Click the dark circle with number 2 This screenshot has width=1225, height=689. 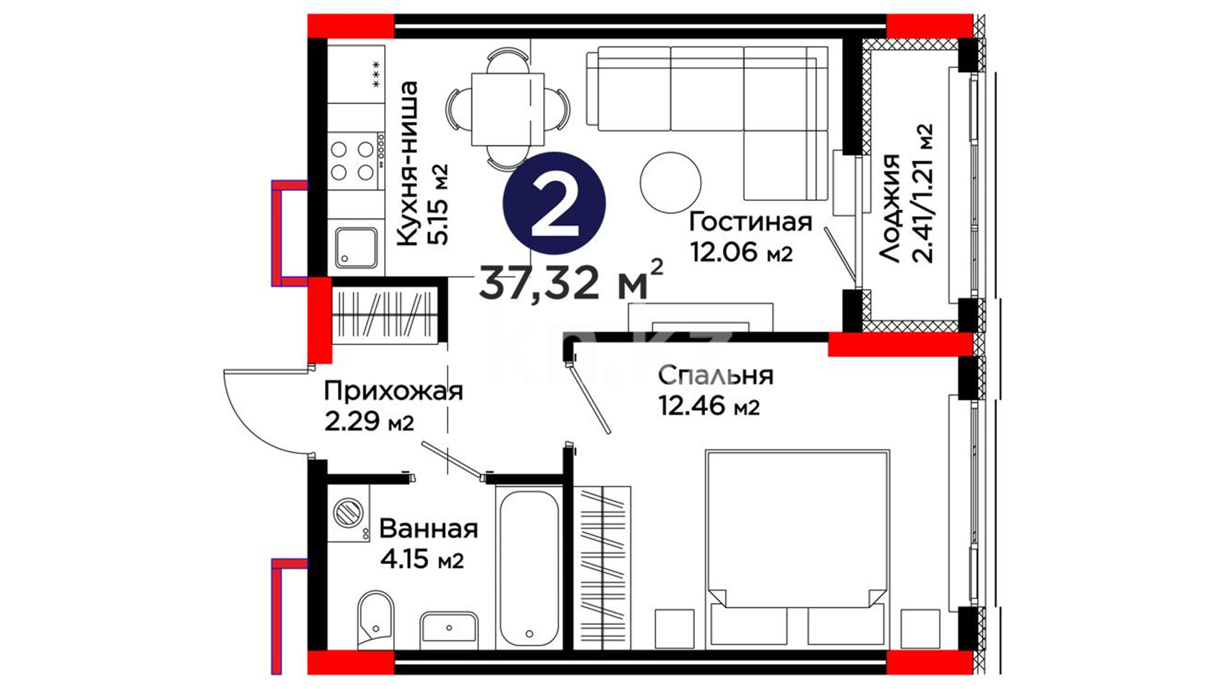[x=554, y=203]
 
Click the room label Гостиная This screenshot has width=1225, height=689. [x=751, y=222]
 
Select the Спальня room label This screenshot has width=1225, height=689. [x=716, y=375]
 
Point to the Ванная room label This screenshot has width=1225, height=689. [x=428, y=529]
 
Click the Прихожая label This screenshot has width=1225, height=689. [x=393, y=390]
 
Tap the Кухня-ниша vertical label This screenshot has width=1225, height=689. [x=406, y=163]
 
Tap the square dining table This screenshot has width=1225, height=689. [x=508, y=109]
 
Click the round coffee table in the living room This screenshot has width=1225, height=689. [x=671, y=183]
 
